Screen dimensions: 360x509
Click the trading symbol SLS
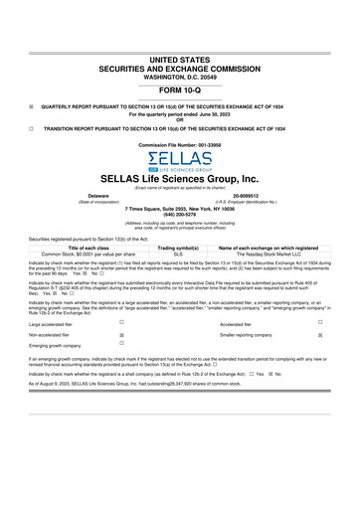coord(179,254)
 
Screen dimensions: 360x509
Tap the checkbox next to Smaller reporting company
coord(321,337)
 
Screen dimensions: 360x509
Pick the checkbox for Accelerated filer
coord(321,322)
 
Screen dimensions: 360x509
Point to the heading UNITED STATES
coord(179,34)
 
